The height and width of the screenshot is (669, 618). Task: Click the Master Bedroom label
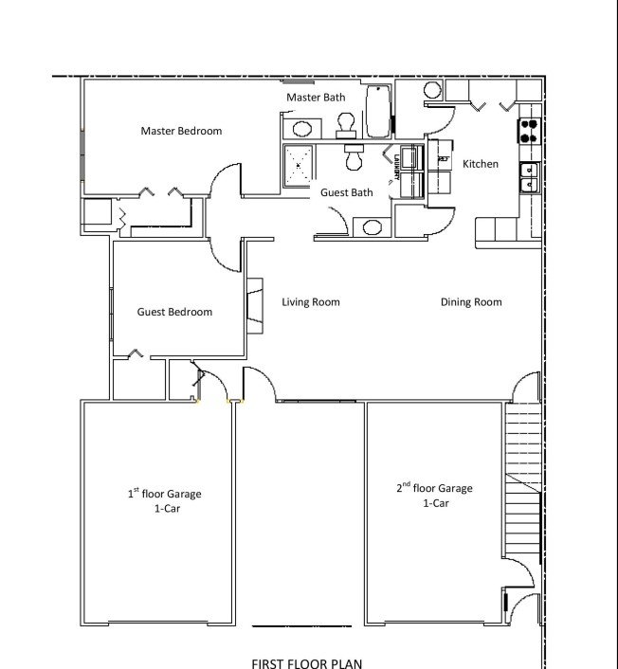pos(181,131)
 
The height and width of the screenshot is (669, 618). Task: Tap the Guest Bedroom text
pos(174,312)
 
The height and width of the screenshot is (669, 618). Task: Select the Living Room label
pos(311,302)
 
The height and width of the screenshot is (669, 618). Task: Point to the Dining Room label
pos(471,302)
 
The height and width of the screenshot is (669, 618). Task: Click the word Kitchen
pos(481,164)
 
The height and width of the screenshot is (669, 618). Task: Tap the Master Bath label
pos(316,98)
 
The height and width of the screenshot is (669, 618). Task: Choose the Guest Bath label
pos(347,192)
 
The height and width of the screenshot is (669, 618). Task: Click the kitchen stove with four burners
pos(529,131)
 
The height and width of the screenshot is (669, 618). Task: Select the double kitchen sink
pos(530,177)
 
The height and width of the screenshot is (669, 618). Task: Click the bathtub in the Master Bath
pos(378,112)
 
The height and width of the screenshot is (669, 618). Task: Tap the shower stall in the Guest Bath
pos(299,166)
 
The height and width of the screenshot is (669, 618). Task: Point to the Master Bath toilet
pos(346,125)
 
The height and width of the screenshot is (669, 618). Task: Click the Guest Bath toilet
pos(354,157)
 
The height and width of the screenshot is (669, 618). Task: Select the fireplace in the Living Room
pos(255,305)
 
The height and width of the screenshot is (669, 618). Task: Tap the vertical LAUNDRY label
pos(396,167)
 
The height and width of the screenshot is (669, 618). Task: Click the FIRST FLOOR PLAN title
pos(307,663)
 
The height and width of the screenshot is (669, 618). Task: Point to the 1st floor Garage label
pos(165,500)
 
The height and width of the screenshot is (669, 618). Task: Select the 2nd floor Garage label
pos(435,495)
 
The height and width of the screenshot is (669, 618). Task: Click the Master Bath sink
pos(302,129)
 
